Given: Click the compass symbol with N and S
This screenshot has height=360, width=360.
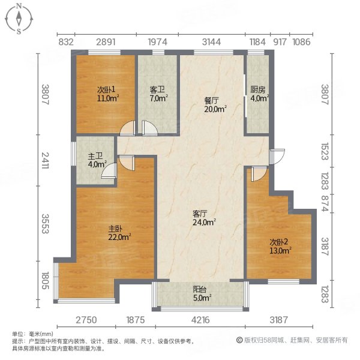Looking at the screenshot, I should click(x=20, y=18).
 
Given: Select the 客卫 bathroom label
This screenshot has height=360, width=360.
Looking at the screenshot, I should click(x=157, y=91).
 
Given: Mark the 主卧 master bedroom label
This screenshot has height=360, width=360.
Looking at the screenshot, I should click(x=116, y=229).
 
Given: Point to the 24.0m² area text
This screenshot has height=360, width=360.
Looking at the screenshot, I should click(x=204, y=221).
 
